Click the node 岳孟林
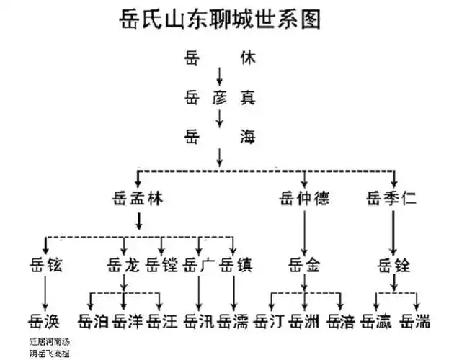coord(137,198)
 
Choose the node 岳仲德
coord(305,198)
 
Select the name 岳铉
coord(45,265)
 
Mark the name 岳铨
coord(393,265)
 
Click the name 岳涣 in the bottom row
coord(45,320)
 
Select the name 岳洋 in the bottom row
coord(128,320)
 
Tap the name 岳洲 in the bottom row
coord(305,320)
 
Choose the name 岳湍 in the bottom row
coord(416,320)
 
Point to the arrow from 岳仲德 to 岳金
coord(304,230)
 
